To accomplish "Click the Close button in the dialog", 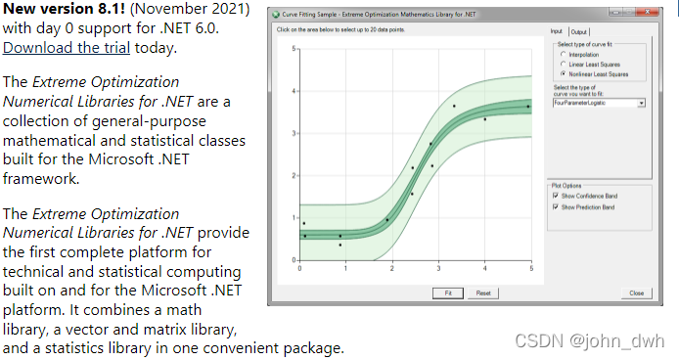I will (636, 292).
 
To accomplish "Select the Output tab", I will (579, 31).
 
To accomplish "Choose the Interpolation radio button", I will (563, 54).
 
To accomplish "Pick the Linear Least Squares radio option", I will (563, 64).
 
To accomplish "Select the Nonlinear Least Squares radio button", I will (563, 73).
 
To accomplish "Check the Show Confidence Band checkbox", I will (556, 196).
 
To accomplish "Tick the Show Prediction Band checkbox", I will (556, 207).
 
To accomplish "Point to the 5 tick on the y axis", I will (294, 49).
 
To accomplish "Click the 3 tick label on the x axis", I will (438, 268).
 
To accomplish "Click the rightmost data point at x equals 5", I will (528, 106).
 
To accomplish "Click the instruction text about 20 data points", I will (342, 30).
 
